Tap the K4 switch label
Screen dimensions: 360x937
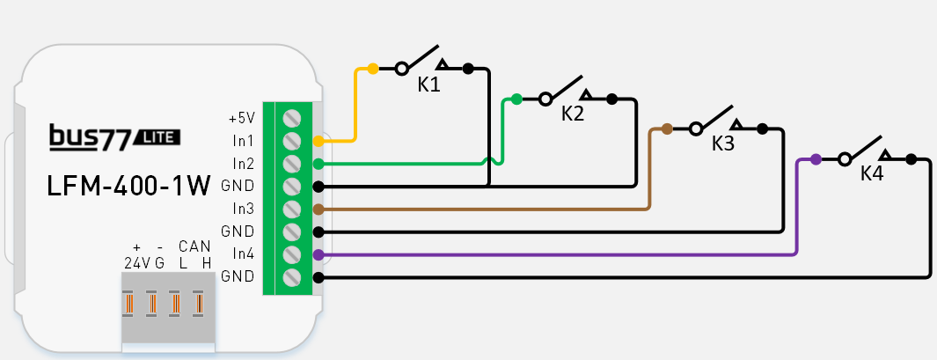tap(871, 173)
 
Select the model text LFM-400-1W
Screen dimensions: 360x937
tap(128, 187)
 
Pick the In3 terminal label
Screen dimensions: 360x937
tap(243, 209)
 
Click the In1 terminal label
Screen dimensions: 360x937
tap(243, 140)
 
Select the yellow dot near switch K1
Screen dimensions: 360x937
tap(373, 68)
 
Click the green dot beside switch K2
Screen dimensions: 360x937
tap(516, 99)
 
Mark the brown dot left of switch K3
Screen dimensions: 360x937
tap(667, 129)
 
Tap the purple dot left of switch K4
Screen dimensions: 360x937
tap(816, 159)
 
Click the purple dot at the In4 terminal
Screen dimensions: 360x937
tap(318, 254)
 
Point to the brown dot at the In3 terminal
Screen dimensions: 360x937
tap(318, 209)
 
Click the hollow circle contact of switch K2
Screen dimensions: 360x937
tap(545, 99)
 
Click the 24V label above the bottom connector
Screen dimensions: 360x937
tap(135, 263)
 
